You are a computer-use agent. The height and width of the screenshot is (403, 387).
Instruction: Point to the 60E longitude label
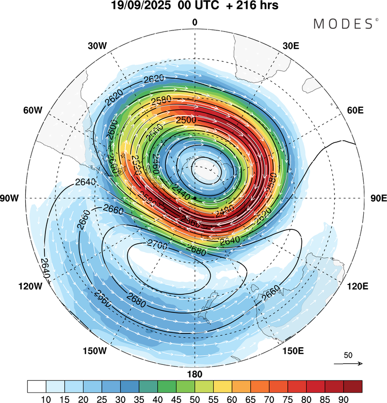point(356,110)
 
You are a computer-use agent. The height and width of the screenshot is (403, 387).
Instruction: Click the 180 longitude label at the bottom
point(195,374)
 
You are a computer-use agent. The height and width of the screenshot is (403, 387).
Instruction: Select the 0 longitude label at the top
point(195,22)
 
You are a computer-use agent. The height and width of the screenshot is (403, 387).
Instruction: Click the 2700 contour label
point(157,242)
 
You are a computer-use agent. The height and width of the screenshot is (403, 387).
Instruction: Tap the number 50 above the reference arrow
point(348,356)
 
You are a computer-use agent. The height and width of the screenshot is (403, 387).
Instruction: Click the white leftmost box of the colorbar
point(36,386)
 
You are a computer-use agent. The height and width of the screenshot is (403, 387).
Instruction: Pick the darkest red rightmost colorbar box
point(353,386)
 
